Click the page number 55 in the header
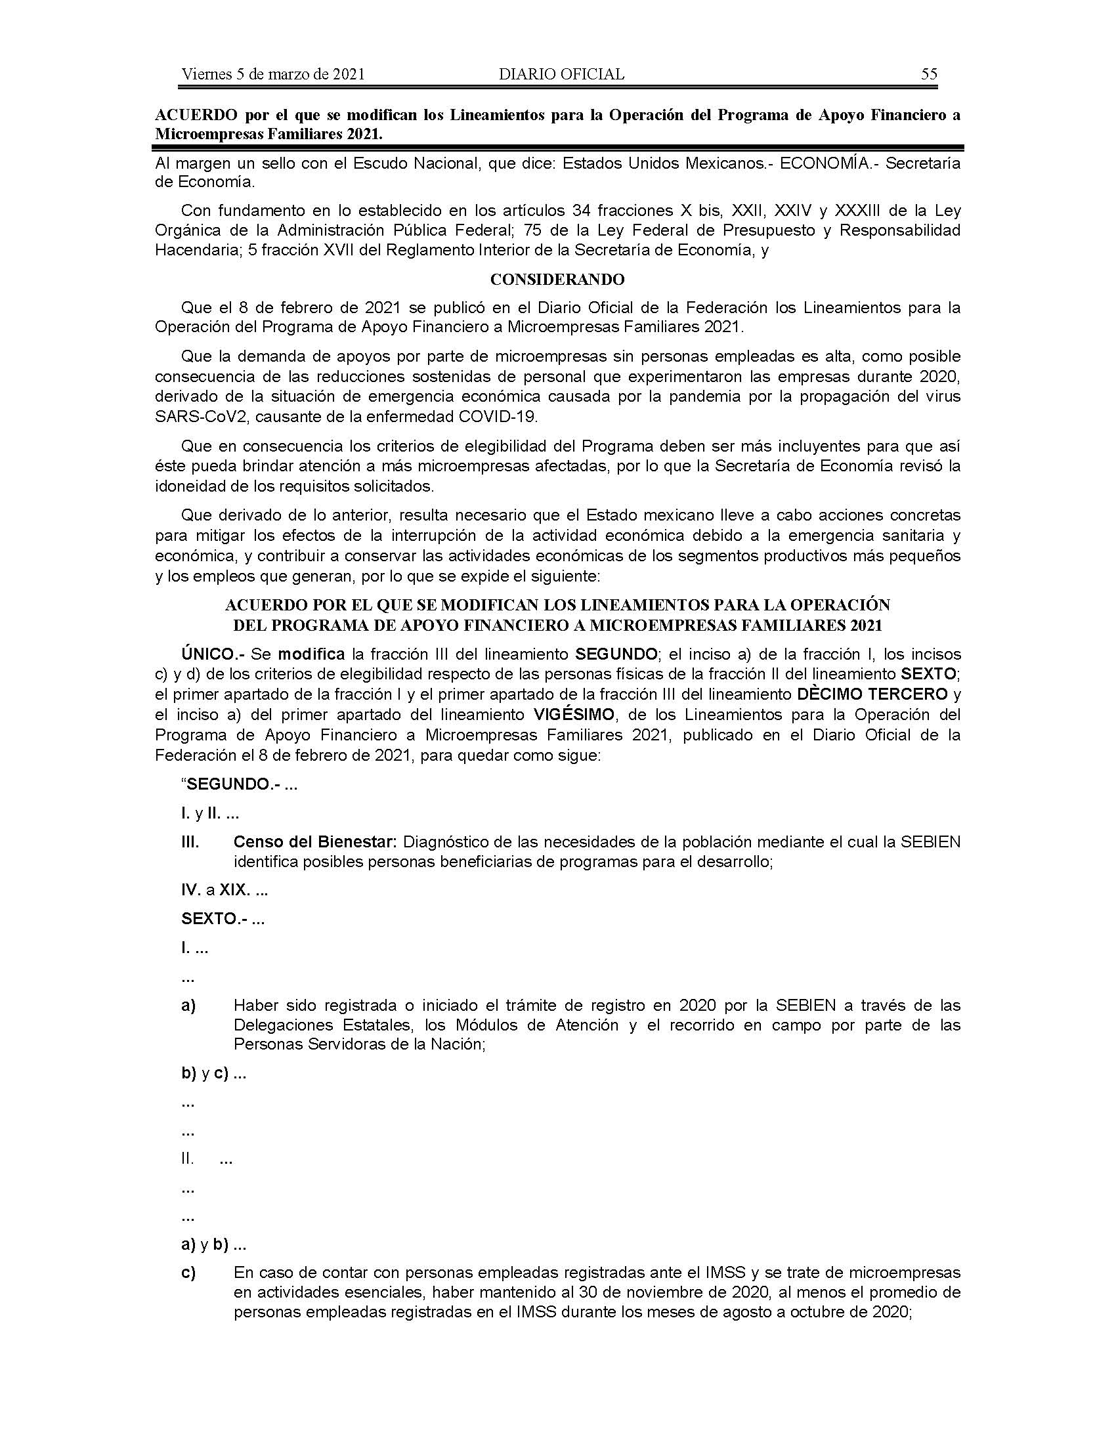click(929, 74)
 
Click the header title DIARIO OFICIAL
click(561, 74)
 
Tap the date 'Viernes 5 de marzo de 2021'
click(273, 74)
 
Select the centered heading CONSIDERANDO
click(557, 280)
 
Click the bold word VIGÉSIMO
click(573, 715)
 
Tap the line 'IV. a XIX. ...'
click(224, 890)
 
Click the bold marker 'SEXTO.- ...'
click(223, 919)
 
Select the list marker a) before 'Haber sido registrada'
click(188, 1006)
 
